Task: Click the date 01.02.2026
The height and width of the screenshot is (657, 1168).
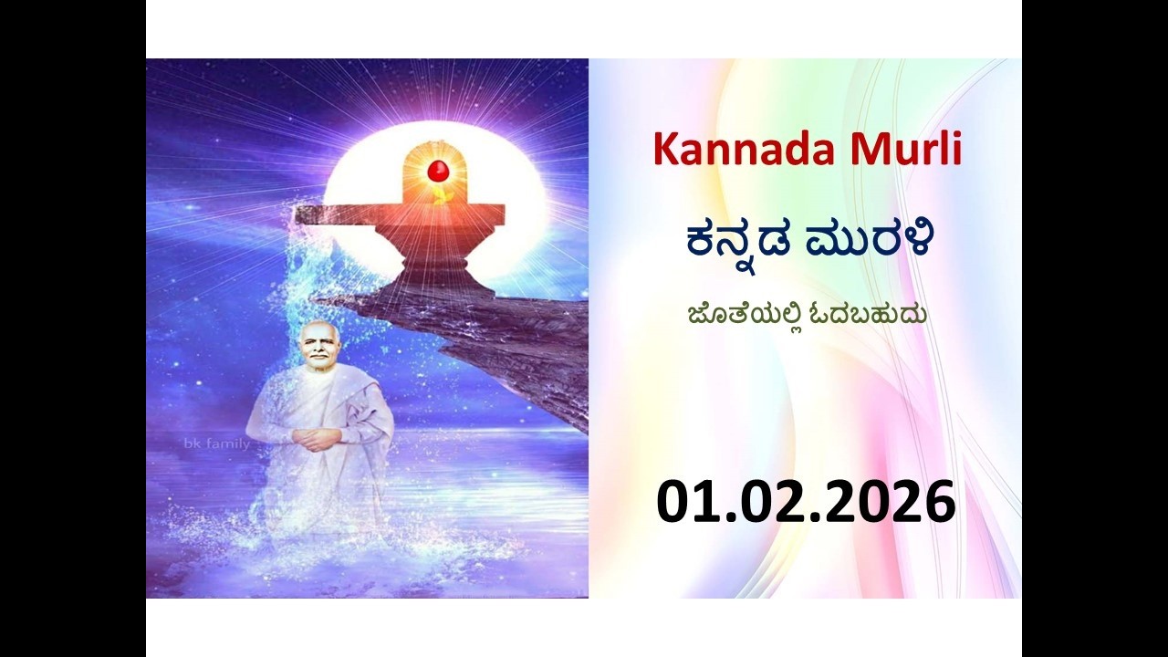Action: pos(807,501)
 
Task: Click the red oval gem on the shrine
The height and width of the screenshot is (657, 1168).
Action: pos(438,170)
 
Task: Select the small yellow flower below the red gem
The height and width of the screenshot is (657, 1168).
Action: pos(442,195)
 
